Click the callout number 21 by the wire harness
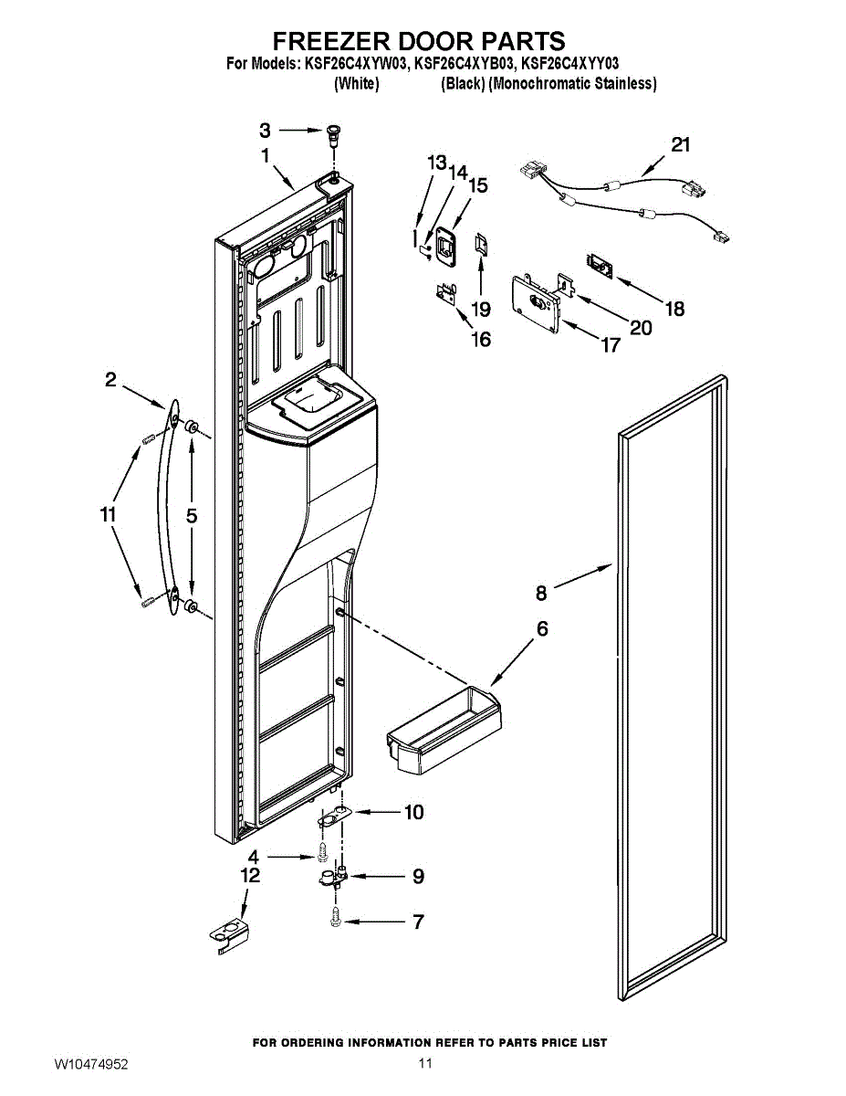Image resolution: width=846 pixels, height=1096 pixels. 681,144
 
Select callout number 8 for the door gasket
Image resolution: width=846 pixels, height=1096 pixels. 541,594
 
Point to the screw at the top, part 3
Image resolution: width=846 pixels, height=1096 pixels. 332,133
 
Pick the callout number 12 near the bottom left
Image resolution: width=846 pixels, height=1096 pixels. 250,875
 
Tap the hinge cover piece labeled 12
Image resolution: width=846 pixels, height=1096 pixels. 228,935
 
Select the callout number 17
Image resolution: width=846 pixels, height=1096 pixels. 611,345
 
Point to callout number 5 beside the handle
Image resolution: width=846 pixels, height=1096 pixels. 192,516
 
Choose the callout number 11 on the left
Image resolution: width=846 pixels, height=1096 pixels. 109,515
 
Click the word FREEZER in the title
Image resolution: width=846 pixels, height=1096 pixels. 331,41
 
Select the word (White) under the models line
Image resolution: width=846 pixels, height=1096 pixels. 356,84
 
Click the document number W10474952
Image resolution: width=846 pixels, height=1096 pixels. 91,1065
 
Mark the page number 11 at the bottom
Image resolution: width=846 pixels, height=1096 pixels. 424,1063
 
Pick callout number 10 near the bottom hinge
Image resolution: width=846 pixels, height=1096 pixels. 414,812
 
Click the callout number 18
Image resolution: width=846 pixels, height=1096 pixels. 674,309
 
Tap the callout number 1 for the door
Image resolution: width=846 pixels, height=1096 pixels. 266,156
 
